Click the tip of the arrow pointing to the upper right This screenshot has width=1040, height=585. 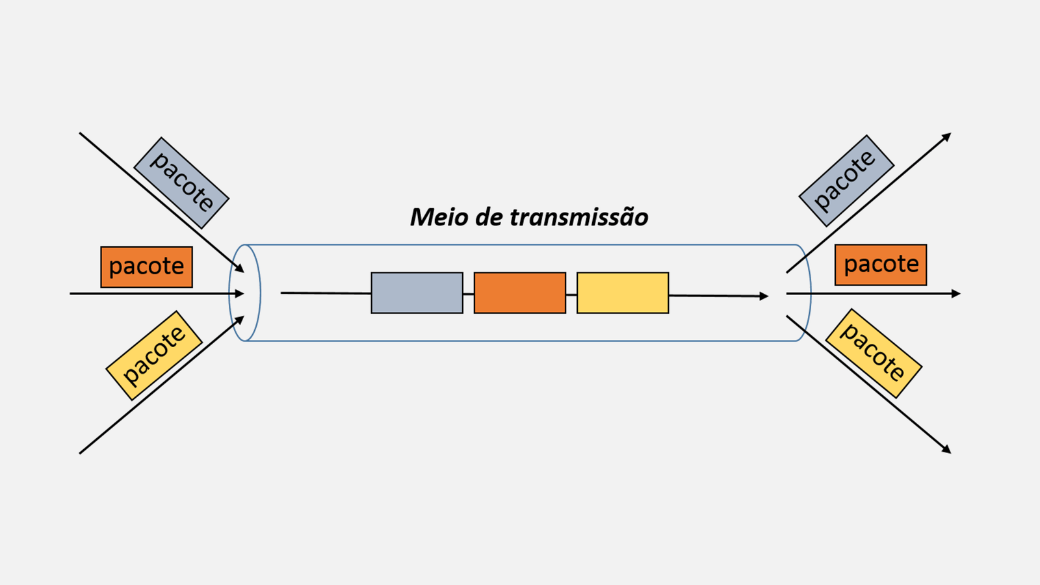pos(952,133)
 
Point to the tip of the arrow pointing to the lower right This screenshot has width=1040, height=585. pos(951,453)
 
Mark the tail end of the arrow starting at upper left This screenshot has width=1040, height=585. pos(80,133)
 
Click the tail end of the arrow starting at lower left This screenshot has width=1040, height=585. pos(80,454)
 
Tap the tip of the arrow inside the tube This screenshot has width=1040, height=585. pos(768,296)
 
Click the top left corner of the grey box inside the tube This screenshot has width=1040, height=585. pos(371,272)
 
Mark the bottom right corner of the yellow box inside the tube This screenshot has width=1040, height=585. pos(669,313)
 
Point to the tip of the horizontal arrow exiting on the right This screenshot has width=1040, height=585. pos(960,293)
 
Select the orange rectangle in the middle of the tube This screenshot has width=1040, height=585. pos(520,293)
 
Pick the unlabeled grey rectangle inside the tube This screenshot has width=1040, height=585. pos(417,293)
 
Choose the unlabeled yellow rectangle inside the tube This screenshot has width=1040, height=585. pos(623,293)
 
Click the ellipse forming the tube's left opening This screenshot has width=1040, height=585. pos(229,293)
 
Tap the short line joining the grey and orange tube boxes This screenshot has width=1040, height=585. pos(469,294)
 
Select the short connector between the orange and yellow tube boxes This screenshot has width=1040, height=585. pos(571,294)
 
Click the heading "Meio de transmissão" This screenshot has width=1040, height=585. pos(529,217)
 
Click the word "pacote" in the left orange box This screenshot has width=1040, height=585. pos(146,266)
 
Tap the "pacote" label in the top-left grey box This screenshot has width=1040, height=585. pos(182,181)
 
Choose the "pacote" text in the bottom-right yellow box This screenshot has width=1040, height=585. pos(874,352)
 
